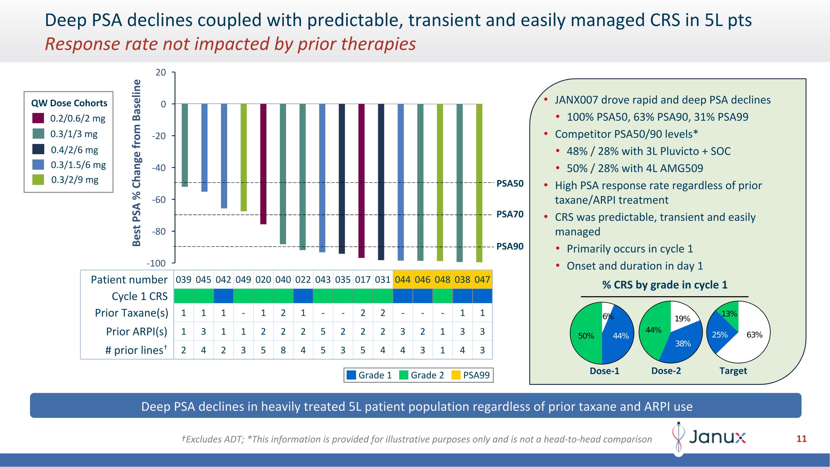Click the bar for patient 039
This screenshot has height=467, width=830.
pyautogui.click(x=185, y=145)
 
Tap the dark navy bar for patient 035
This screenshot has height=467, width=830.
pyautogui.click(x=342, y=179)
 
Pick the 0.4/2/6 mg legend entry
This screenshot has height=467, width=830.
pyautogui.click(x=74, y=150)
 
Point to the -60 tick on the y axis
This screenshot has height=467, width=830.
pyautogui.click(x=159, y=200)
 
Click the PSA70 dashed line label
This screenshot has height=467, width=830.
pyautogui.click(x=510, y=214)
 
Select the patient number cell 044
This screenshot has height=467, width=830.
pyautogui.click(x=403, y=279)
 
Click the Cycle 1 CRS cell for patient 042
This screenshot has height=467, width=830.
pyautogui.click(x=223, y=296)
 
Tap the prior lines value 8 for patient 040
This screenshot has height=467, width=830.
pyautogui.click(x=283, y=350)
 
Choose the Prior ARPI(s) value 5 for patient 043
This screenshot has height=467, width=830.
pyautogui.click(x=323, y=332)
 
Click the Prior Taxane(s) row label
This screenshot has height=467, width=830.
pyautogui.click(x=131, y=313)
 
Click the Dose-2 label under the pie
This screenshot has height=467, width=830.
pyautogui.click(x=666, y=371)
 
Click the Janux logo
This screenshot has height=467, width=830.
pyautogui.click(x=709, y=437)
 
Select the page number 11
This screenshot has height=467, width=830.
pyautogui.click(x=801, y=439)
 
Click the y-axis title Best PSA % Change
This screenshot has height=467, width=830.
pyautogui.click(x=137, y=163)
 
